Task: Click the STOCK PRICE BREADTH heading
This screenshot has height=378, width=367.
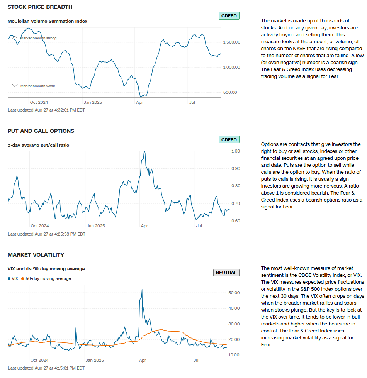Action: [x=40, y=7]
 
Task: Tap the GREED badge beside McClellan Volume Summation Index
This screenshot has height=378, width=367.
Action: [x=229, y=16]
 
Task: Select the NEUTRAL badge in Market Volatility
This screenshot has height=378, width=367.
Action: [x=226, y=273]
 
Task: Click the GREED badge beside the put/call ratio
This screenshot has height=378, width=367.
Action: [x=229, y=140]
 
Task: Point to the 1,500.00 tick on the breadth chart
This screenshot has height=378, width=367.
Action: [x=232, y=42]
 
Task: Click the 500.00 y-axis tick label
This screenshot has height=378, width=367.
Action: [x=230, y=92]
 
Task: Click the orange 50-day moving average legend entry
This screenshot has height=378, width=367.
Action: [x=46, y=278]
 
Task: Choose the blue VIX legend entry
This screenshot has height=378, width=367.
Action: [x=13, y=278]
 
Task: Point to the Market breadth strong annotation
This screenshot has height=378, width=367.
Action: [x=38, y=38]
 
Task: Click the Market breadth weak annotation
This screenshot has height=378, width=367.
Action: [x=37, y=86]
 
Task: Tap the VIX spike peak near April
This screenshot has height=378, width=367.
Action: [x=142, y=289]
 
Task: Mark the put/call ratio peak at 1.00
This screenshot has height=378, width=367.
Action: [x=144, y=152]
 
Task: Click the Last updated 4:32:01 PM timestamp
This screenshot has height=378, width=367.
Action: [x=46, y=110]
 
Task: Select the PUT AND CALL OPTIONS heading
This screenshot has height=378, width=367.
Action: [x=41, y=131]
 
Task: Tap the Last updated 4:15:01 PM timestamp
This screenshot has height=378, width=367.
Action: [x=46, y=368]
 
